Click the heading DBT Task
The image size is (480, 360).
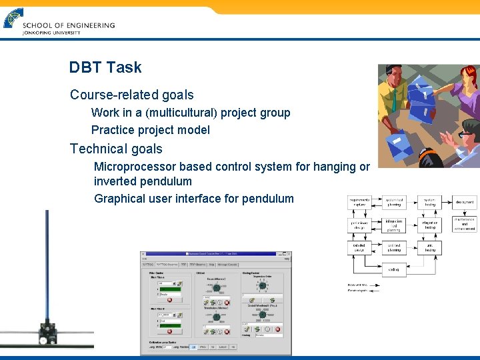click(105, 67)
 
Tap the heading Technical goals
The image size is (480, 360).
click(116, 149)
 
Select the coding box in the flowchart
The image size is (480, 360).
click(393, 270)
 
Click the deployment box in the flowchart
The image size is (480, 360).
click(465, 202)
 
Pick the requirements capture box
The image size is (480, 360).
click(359, 202)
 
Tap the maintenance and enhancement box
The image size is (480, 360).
click(465, 224)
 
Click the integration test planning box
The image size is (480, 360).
click(393, 225)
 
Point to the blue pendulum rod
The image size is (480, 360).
click(46, 267)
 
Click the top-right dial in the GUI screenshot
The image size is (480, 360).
click(262, 285)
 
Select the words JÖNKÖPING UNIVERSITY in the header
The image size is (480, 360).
click(51, 33)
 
